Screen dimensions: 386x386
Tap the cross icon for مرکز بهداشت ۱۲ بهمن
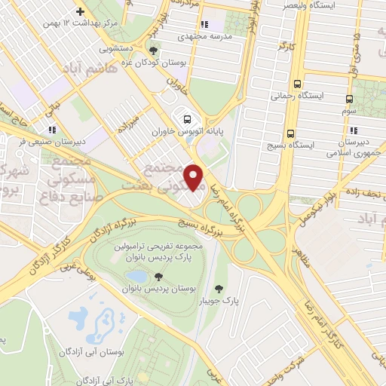click(81, 11)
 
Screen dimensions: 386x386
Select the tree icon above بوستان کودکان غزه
click(154, 51)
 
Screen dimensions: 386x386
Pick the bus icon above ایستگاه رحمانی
click(298, 84)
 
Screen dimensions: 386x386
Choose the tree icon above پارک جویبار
click(219, 288)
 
